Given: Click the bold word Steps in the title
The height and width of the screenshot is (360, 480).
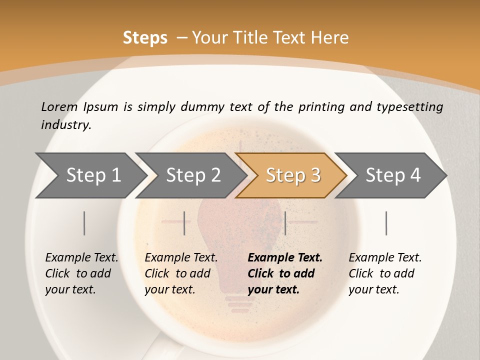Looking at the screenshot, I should tap(145, 38).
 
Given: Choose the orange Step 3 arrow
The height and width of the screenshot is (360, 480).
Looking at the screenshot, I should tap(293, 175).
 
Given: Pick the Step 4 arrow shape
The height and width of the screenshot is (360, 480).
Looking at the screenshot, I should tap(393, 175).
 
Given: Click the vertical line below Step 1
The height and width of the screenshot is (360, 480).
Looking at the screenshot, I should tap(84, 223).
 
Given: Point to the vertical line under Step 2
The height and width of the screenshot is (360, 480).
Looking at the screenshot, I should tap(184, 223).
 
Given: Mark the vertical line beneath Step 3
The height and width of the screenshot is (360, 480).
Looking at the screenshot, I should tap(285, 223).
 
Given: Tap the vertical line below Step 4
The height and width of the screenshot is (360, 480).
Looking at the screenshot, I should tap(386, 223).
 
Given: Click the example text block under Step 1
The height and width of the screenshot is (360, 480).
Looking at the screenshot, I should tap(81, 273).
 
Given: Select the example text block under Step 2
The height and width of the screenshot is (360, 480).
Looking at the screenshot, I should tap(181, 273).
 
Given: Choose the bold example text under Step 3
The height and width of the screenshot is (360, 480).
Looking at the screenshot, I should tap(285, 273).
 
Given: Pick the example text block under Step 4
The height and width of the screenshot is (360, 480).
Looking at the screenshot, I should tap(385, 273).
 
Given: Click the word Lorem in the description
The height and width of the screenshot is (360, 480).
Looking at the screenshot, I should tap(59, 106).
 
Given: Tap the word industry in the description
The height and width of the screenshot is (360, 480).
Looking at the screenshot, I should tap(65, 125).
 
